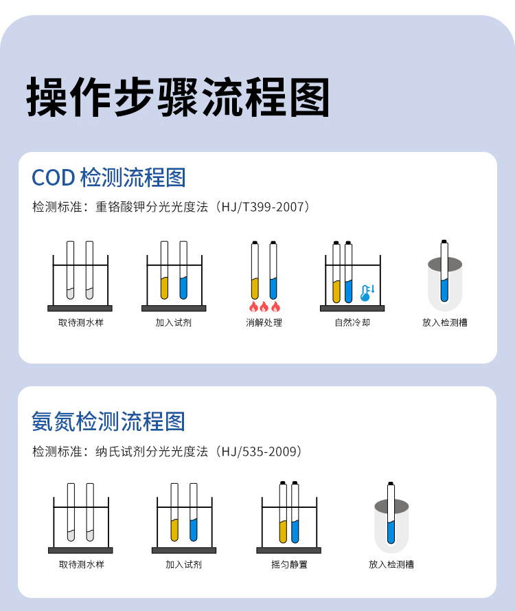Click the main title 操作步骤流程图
tap(178, 97)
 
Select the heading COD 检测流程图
tap(108, 178)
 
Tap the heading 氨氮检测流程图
tap(108, 421)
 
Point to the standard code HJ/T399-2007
tap(262, 206)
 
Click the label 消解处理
tap(264, 322)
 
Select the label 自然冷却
tap(352, 322)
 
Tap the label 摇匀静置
tap(289, 564)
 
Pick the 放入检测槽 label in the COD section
tap(445, 322)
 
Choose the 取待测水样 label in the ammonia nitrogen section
tap(81, 564)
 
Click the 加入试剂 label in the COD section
tap(174, 322)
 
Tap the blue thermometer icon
tap(367, 293)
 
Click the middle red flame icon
tap(264, 307)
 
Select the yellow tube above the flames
tap(255, 270)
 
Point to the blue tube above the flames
tap(273, 270)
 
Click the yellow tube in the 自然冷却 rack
tap(336, 272)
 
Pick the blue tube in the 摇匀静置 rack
tap(295, 512)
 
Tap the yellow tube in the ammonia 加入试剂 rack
tap(174, 512)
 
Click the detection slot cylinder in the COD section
tap(445, 284)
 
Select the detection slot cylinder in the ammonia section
tap(391, 526)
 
